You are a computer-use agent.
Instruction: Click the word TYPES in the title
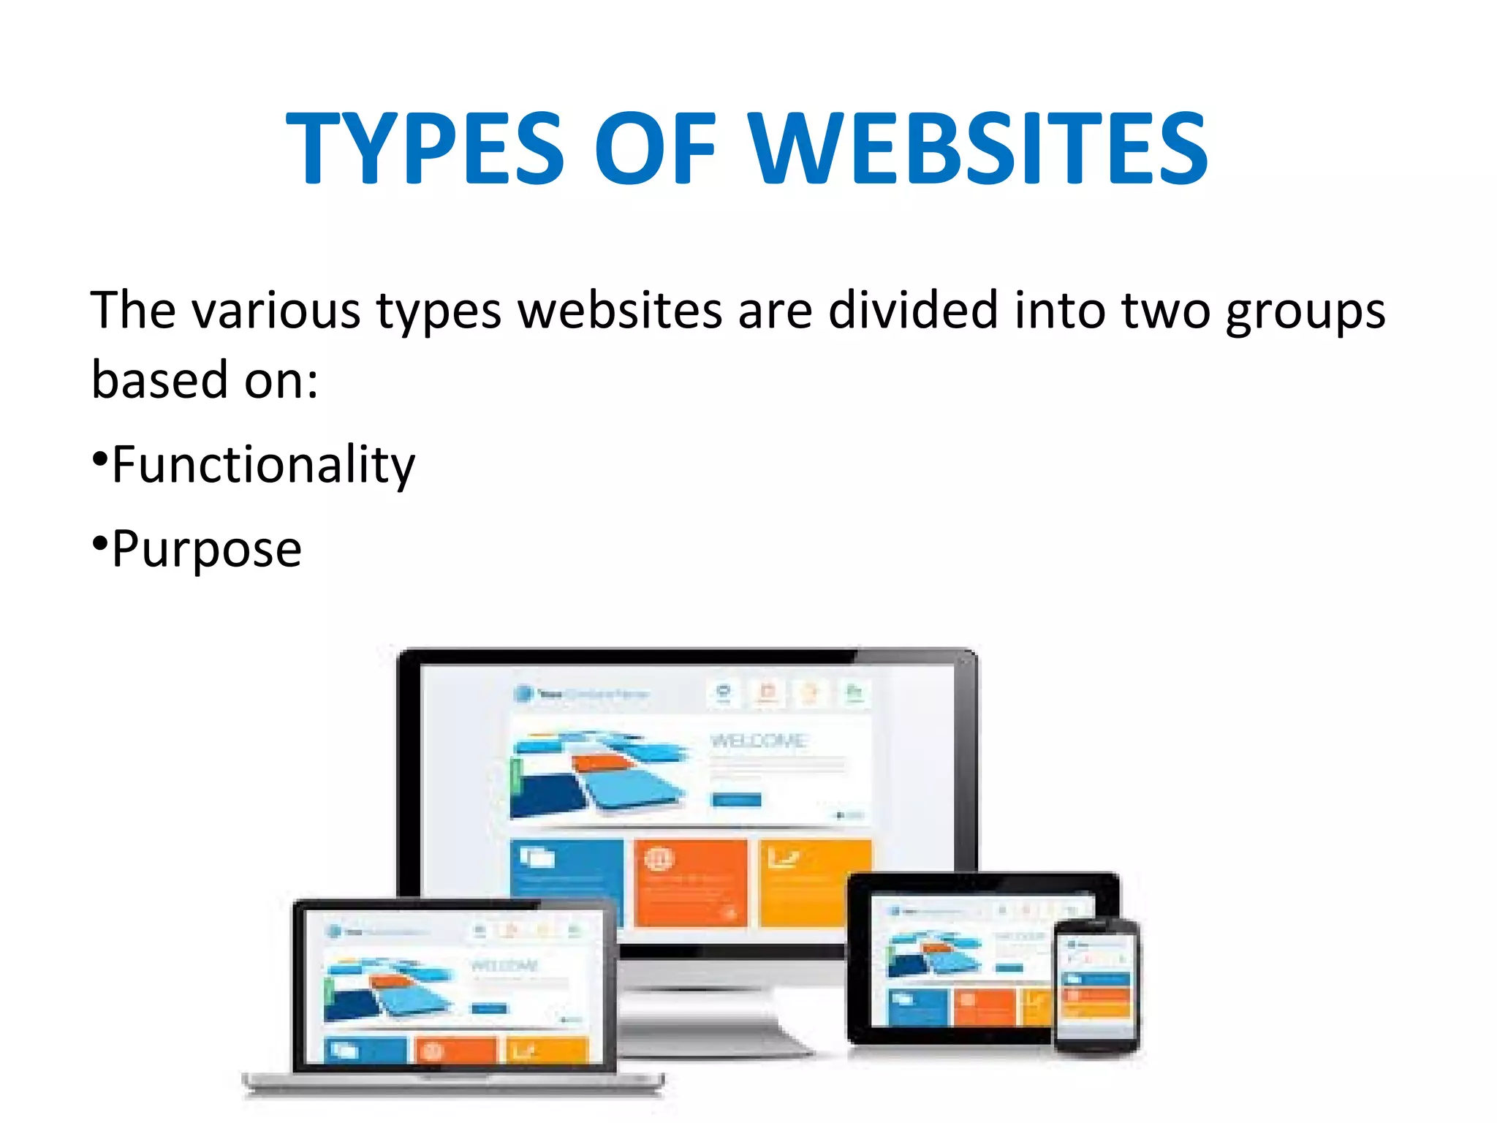coord(425,148)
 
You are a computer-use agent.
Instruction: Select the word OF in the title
coord(655,148)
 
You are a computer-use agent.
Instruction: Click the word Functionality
coord(263,465)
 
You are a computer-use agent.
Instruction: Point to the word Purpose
coord(207,549)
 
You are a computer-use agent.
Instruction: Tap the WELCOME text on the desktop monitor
coord(758,741)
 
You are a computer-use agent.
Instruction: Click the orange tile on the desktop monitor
coord(691,882)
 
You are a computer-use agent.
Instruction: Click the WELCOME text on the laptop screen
coord(504,966)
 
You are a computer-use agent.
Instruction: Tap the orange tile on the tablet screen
coord(983,1006)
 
